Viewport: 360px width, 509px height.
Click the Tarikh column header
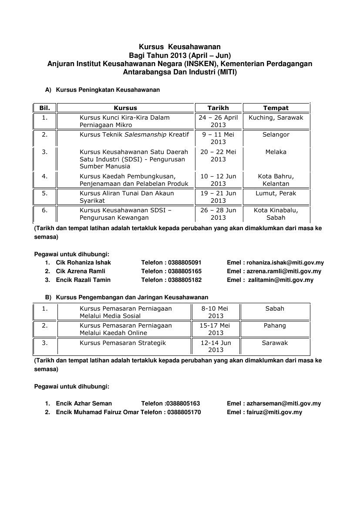tap(218, 108)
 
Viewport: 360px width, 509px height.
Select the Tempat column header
tap(276, 108)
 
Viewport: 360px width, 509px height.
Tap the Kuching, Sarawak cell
tap(276, 117)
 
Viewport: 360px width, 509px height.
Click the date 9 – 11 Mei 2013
tap(218, 138)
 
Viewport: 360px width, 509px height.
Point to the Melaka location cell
tap(276, 152)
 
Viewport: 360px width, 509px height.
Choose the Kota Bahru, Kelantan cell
tap(276, 180)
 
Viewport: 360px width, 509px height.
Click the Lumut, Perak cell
tap(276, 193)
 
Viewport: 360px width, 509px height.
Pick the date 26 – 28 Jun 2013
tap(218, 214)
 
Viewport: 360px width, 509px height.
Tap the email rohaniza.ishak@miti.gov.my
tap(285, 263)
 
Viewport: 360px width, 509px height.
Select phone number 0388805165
tap(185, 271)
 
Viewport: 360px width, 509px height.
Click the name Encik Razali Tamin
tap(83, 280)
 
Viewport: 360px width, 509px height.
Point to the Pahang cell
tap(275, 325)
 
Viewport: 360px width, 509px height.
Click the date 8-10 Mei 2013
tap(215, 312)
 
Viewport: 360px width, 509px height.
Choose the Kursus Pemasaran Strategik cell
tap(123, 343)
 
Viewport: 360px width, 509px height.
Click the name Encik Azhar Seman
tap(84, 404)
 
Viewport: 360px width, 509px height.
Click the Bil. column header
tap(45, 108)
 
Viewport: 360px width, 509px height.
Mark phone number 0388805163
tap(183, 404)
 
